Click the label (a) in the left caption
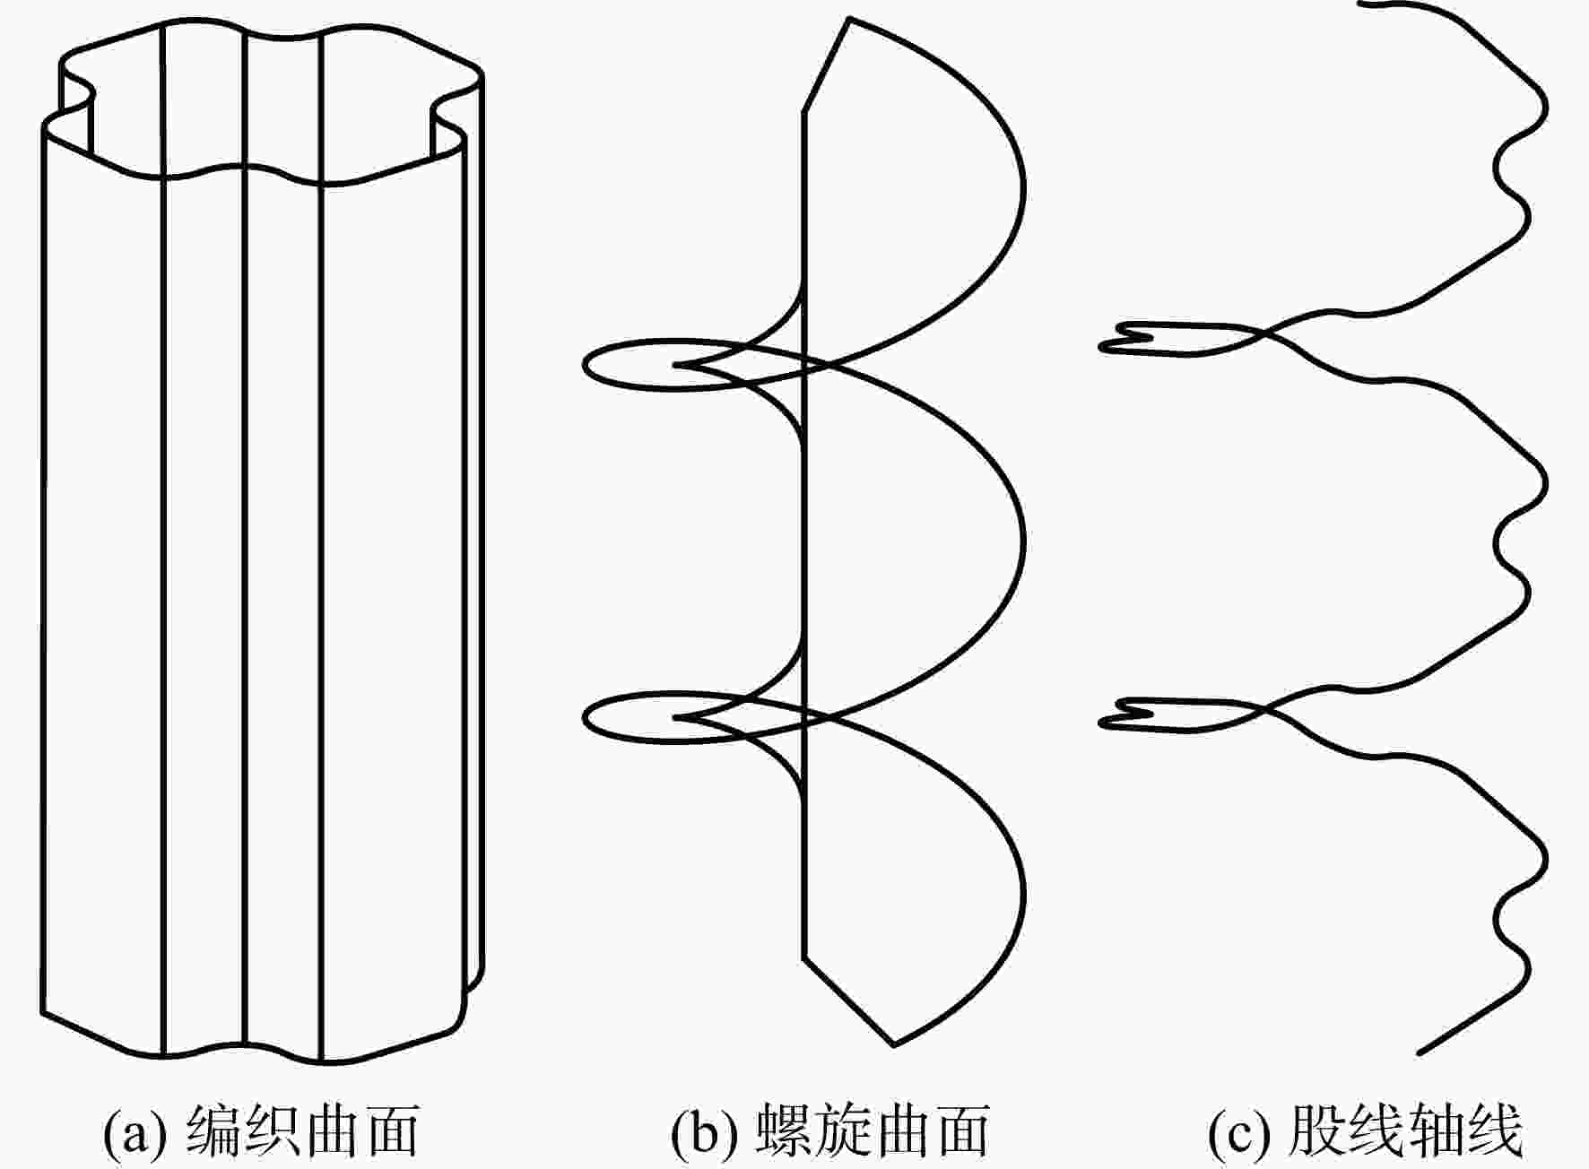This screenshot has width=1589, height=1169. [x=135, y=1131]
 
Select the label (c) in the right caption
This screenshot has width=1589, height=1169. [x=1239, y=1131]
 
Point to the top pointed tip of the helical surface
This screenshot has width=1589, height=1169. [x=848, y=18]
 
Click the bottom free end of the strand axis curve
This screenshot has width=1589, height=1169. [x=1419, y=1052]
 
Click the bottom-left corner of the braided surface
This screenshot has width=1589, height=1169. [x=42, y=1014]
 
